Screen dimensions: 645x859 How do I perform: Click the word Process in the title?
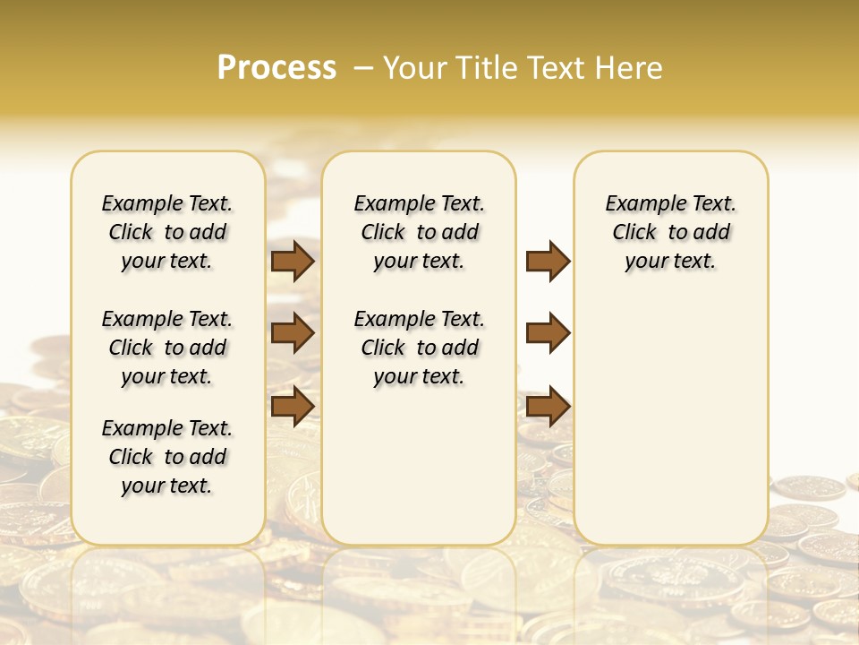[x=276, y=68]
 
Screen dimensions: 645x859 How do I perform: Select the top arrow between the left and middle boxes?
[x=293, y=261]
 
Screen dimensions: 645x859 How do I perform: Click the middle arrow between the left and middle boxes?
[x=293, y=333]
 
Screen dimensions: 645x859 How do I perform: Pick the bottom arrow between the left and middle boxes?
[x=293, y=406]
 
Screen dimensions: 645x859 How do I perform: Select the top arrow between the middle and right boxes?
[x=548, y=261]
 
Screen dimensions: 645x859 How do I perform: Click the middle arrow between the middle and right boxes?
[x=548, y=333]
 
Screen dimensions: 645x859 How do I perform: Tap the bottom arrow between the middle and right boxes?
[x=548, y=406]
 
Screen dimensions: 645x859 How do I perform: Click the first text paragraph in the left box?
[x=167, y=232]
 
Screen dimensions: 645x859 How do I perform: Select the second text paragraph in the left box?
[x=167, y=348]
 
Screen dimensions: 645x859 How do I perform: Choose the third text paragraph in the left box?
[x=167, y=457]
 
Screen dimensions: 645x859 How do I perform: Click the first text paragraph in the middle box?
[x=419, y=232]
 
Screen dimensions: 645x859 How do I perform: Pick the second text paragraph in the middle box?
[x=419, y=348]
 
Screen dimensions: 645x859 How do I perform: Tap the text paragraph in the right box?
[x=671, y=232]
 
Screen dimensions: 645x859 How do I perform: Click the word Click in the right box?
[x=634, y=233]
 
